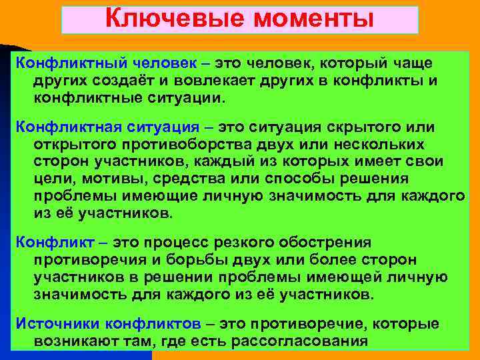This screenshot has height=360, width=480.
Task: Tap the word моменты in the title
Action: [x=307, y=18]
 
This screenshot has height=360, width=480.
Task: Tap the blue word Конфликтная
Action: [x=61, y=127]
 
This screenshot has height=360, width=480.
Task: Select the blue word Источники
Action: [x=53, y=324]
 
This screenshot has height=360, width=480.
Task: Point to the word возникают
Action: [x=81, y=341]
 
